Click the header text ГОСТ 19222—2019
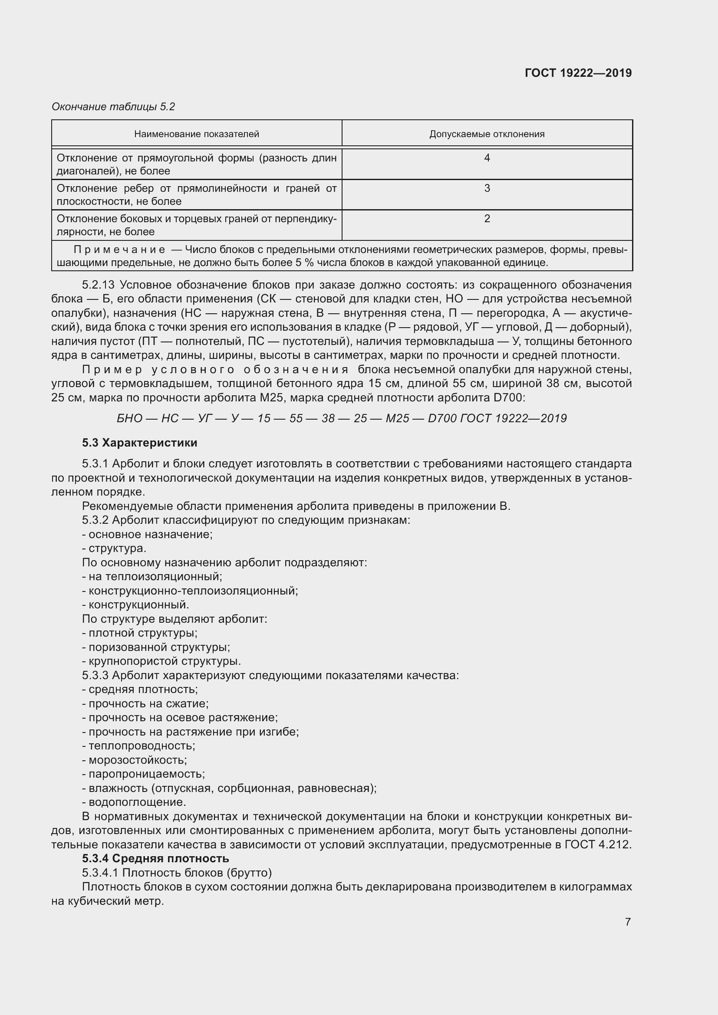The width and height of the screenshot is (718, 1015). click(x=578, y=73)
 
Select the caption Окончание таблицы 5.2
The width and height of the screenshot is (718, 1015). click(x=113, y=107)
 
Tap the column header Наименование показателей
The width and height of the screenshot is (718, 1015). click(x=196, y=134)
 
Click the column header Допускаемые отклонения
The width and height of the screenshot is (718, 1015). click(x=487, y=134)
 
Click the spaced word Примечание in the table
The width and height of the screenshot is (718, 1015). click(x=119, y=250)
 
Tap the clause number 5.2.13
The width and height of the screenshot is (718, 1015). click(x=99, y=284)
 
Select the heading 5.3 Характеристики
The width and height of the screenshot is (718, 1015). click(x=140, y=443)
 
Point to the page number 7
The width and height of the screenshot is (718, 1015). click(x=627, y=922)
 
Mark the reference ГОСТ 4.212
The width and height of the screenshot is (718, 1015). click(x=597, y=844)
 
